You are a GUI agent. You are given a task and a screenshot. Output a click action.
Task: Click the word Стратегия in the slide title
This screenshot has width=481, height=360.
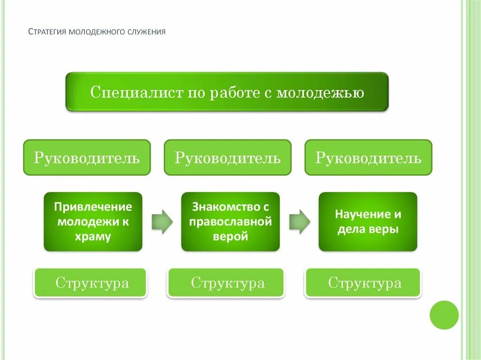click(47, 32)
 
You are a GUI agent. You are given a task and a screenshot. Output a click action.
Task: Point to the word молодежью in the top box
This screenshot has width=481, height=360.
click(320, 92)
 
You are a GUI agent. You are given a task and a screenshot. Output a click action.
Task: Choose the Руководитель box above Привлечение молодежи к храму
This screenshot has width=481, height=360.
click(87, 158)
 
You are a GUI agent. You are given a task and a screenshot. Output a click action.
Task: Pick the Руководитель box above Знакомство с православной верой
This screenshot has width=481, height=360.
click(227, 158)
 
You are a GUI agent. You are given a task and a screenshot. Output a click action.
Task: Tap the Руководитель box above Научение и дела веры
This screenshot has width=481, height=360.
click(368, 158)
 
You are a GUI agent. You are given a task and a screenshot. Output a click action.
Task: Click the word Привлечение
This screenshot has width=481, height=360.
click(93, 207)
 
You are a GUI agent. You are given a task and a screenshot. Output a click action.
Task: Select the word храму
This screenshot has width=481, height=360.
click(93, 237)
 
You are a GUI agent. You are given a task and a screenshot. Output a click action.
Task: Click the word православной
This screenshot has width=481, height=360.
click(230, 222)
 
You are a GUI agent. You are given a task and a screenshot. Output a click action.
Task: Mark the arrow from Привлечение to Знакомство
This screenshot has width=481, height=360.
click(162, 221)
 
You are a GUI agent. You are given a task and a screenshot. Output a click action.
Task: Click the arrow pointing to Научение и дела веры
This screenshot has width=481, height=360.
click(299, 221)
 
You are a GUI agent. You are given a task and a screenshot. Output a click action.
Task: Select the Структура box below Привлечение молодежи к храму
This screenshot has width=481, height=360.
click(90, 283)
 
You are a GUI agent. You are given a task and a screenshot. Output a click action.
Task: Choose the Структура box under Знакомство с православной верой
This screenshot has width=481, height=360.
click(226, 283)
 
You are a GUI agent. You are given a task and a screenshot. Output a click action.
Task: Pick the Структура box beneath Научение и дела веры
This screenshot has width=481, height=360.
click(363, 283)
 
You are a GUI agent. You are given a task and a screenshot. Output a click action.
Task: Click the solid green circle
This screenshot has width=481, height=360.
click(444, 315)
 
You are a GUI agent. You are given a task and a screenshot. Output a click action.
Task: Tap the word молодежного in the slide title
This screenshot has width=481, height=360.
click(97, 32)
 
